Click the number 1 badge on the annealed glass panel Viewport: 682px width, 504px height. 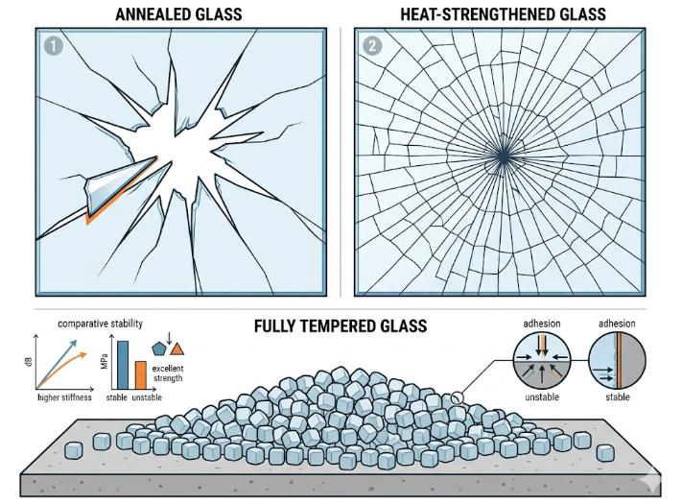[54, 46]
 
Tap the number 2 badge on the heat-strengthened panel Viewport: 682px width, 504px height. [372, 46]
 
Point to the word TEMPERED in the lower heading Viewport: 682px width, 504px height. [342, 326]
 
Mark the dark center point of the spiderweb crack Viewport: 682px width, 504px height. [504, 157]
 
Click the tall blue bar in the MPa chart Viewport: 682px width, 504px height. [123, 365]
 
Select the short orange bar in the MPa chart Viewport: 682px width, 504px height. [140, 375]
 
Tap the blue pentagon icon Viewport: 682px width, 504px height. [159, 348]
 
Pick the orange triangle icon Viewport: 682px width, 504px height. [177, 349]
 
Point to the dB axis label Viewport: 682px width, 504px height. [29, 362]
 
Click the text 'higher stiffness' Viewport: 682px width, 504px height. [65, 397]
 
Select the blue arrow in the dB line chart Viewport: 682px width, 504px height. [58, 364]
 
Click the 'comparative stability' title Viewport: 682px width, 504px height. [100, 324]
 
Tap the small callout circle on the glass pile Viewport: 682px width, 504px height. [457, 397]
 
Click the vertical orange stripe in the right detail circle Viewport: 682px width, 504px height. [619, 360]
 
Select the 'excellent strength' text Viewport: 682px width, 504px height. [168, 373]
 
